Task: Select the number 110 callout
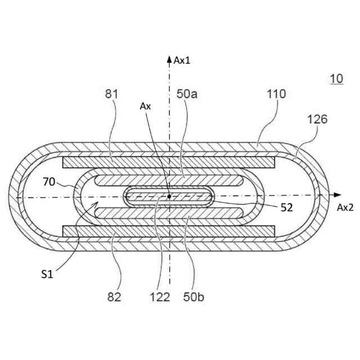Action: (276, 94)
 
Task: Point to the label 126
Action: (317, 119)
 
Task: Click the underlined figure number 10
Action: (336, 79)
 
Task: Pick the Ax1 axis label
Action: (182, 60)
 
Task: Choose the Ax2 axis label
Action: (345, 207)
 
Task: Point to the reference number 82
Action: (112, 296)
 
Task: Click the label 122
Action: (159, 296)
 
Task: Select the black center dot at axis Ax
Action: (169, 196)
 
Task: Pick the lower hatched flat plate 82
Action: (169, 231)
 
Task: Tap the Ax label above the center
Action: (146, 106)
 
